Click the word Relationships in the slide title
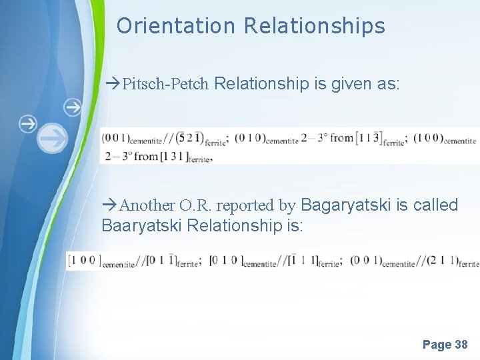point(314,26)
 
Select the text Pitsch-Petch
point(167,85)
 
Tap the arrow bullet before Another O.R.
point(110,205)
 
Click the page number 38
point(461,345)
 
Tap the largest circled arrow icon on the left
point(51,138)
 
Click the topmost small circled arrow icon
point(72,106)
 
